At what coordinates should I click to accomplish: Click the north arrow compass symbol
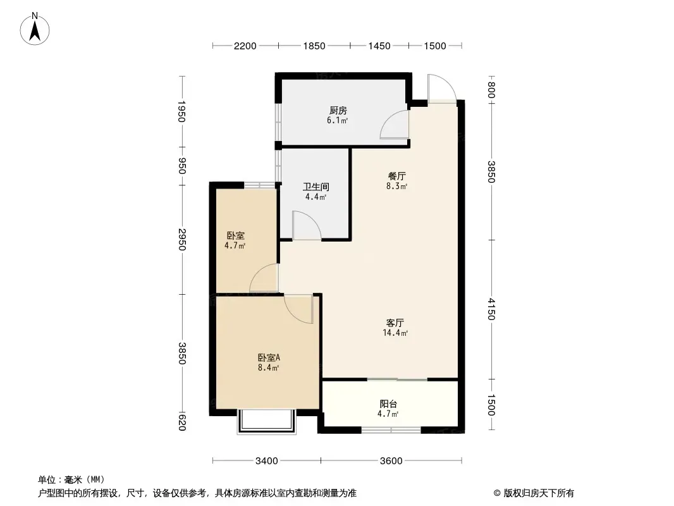pyautogui.click(x=35, y=29)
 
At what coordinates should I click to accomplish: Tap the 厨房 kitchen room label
pyautogui.click(x=338, y=111)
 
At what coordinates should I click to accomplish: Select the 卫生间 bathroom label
pyautogui.click(x=316, y=187)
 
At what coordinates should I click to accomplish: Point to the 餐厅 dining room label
pyautogui.click(x=396, y=176)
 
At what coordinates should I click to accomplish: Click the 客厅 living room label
pyautogui.click(x=395, y=323)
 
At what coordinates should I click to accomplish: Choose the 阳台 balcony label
pyautogui.click(x=388, y=404)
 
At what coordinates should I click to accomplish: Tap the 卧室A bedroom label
pyautogui.click(x=269, y=358)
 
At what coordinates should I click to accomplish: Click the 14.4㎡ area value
pyautogui.click(x=395, y=333)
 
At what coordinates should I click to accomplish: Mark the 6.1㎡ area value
pyautogui.click(x=338, y=120)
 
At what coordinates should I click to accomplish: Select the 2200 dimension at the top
pyautogui.click(x=245, y=46)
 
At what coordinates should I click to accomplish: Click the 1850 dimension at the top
pyautogui.click(x=314, y=46)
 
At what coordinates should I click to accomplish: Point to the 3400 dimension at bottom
pyautogui.click(x=267, y=461)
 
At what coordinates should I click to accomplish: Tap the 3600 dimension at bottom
pyautogui.click(x=391, y=461)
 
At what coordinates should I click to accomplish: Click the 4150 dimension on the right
pyautogui.click(x=491, y=309)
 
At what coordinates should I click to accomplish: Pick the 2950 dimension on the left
pyautogui.click(x=182, y=240)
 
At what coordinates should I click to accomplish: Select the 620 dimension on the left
pyautogui.click(x=182, y=422)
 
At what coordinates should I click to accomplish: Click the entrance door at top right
pyautogui.click(x=442, y=89)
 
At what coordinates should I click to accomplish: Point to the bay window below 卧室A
pyautogui.click(x=267, y=421)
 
